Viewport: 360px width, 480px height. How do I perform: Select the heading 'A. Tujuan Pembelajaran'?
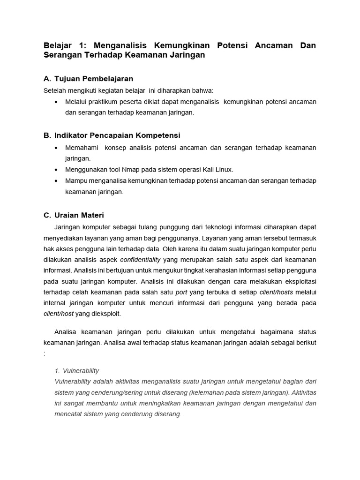(x=89, y=78)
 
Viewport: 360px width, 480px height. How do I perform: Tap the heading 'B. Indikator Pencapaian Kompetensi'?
(x=112, y=135)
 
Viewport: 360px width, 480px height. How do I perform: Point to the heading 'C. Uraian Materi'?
(x=74, y=215)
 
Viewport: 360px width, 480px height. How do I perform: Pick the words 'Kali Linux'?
(x=217, y=169)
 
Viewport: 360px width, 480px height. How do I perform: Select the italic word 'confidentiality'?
(x=140, y=260)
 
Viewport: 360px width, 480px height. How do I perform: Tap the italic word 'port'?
(x=181, y=292)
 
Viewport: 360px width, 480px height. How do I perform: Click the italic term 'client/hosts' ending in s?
(x=276, y=292)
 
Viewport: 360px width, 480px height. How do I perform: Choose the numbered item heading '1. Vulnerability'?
(x=77, y=370)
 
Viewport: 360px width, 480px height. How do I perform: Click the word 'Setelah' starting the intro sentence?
(x=54, y=90)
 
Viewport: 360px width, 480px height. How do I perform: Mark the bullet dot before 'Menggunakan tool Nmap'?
(x=56, y=169)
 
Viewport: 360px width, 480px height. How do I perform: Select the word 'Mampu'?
(x=75, y=180)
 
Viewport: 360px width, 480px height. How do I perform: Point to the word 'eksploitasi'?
(x=299, y=281)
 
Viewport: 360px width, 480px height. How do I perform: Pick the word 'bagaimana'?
(x=274, y=332)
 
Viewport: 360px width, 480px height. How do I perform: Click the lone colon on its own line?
(x=45, y=354)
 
